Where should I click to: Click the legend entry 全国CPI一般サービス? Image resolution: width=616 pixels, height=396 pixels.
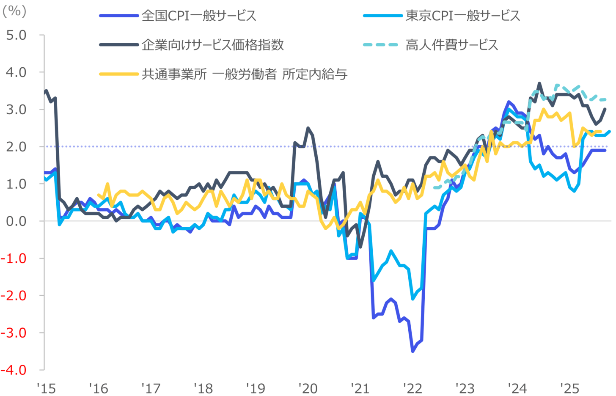click(199, 16)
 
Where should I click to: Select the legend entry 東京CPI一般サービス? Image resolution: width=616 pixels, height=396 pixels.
click(462, 16)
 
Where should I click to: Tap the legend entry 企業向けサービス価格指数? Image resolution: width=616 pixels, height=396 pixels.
click(212, 45)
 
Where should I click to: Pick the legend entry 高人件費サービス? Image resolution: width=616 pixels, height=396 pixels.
click(451, 45)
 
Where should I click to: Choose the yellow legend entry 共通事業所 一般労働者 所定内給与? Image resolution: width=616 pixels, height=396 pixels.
click(244, 74)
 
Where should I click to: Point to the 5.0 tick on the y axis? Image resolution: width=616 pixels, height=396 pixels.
click(16, 35)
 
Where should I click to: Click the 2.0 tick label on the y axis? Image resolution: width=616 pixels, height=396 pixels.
click(16, 147)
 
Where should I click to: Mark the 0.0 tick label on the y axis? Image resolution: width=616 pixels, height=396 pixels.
click(16, 221)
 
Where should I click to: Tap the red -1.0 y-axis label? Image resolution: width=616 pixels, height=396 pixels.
click(14, 258)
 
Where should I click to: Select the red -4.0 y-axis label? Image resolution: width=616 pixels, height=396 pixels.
click(14, 370)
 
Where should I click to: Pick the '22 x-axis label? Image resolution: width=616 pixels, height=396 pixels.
click(412, 388)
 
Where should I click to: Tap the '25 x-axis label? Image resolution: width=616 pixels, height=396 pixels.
click(569, 388)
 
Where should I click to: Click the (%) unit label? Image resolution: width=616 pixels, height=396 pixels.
click(14, 11)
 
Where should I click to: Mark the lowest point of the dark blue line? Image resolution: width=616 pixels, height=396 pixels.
click(413, 351)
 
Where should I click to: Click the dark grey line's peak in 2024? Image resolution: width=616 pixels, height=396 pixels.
click(539, 83)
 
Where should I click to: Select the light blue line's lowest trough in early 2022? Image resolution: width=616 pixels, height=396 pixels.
click(413, 299)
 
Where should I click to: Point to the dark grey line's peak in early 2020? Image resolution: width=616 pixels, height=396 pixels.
click(308, 128)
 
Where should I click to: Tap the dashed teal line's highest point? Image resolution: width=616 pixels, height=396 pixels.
click(557, 85)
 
